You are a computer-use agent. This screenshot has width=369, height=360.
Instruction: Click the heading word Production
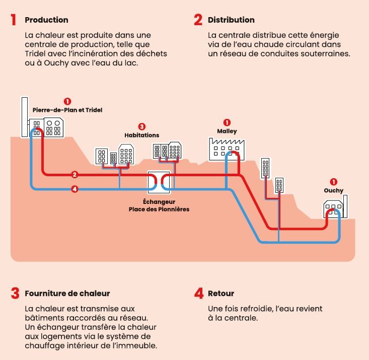point(46,20)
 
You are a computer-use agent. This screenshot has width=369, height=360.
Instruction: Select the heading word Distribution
point(231,20)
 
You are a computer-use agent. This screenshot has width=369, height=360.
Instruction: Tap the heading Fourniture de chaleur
point(67,293)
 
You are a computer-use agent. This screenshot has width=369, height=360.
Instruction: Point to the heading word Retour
point(221,293)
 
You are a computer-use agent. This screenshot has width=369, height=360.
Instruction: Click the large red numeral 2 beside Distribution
point(198,20)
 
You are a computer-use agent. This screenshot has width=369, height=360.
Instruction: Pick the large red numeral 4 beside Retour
point(198,293)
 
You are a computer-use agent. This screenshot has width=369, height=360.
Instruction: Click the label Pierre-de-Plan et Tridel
point(67,110)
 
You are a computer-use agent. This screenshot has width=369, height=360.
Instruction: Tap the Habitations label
point(141,135)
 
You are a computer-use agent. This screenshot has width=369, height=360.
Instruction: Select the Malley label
point(227,131)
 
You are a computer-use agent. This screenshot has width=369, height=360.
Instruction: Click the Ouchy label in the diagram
point(333,190)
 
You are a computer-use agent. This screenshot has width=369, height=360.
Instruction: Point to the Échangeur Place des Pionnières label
point(159,205)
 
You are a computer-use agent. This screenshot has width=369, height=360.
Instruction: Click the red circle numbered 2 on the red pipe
point(75,175)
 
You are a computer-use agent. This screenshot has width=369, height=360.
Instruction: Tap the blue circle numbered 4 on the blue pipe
point(75,189)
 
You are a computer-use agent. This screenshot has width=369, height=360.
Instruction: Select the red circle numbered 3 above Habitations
point(141,127)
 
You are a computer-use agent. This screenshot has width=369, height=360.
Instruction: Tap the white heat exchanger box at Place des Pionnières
point(159,183)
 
